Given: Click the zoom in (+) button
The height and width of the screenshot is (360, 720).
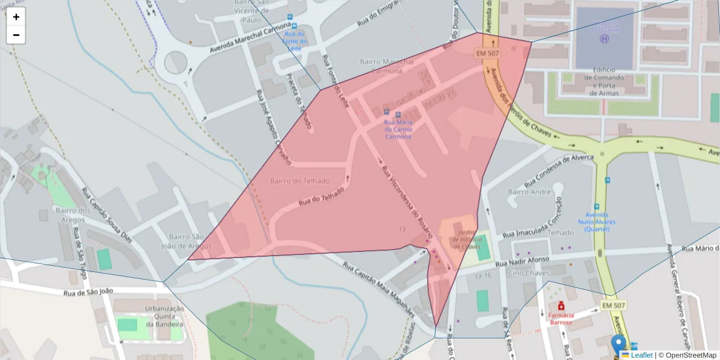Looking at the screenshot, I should [16, 17].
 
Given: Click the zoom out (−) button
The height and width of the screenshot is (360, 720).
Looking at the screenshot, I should [16, 35].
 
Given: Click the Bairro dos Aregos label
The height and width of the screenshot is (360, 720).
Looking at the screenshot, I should [73, 215].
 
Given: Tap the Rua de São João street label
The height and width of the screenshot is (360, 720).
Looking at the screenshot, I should [88, 292].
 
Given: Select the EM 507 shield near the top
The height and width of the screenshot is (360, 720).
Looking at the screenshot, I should [488, 53].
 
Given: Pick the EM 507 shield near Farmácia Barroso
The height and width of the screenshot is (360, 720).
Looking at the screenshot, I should [614, 306].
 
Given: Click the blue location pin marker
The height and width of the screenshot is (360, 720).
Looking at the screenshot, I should [618, 345].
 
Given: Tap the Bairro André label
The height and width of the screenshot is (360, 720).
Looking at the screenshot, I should [529, 192].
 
